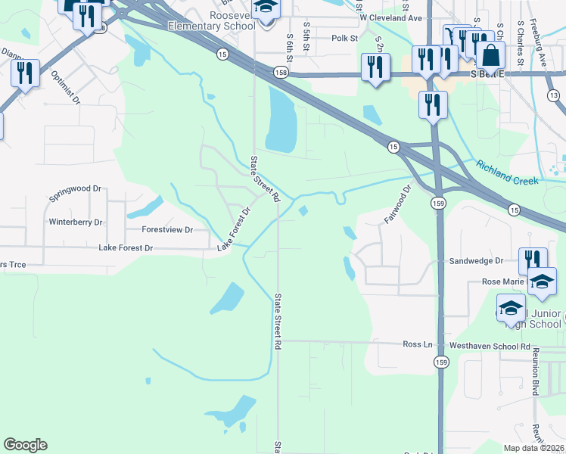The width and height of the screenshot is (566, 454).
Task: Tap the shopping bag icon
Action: point(490,56)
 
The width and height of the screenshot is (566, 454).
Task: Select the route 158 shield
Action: point(281,71)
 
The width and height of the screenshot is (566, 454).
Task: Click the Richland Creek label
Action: point(507,172)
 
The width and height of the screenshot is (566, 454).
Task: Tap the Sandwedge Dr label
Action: point(476,260)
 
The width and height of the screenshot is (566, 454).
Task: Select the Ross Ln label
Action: point(417,344)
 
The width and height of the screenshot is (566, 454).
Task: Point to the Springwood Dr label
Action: point(75,188)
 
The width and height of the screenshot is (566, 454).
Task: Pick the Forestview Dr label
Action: point(167,229)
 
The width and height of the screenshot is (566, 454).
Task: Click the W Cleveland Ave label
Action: point(390,17)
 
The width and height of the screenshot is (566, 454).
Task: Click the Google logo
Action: point(25,445)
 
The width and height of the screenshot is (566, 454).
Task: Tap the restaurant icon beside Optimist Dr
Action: point(26,73)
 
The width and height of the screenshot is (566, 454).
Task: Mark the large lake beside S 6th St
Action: point(281,117)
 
